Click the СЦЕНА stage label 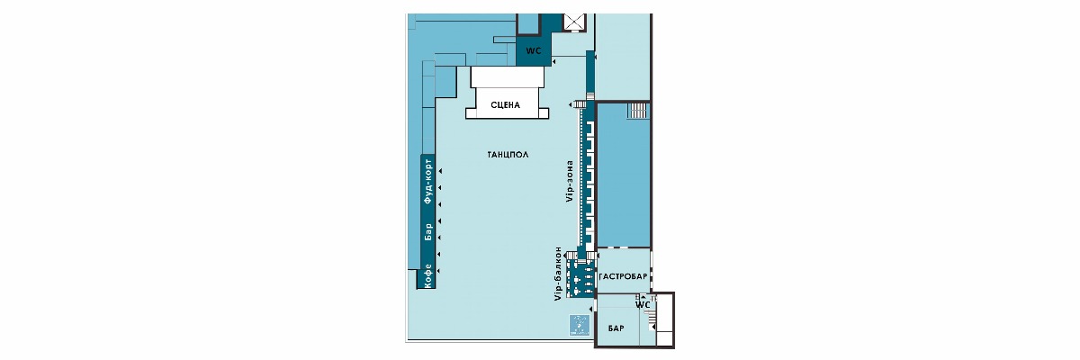505,105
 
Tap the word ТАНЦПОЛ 508,155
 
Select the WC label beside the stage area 533,51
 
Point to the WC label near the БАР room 643,305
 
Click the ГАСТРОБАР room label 623,276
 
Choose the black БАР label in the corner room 616,328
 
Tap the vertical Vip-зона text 571,181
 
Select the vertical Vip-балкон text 558,274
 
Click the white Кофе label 427,276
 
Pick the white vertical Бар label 427,232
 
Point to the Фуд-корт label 427,180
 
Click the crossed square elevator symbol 574,22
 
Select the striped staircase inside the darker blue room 636,111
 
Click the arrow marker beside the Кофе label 440,271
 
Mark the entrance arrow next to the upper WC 554,62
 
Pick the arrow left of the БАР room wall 590,309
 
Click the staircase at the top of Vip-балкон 571,256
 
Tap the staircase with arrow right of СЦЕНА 577,104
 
